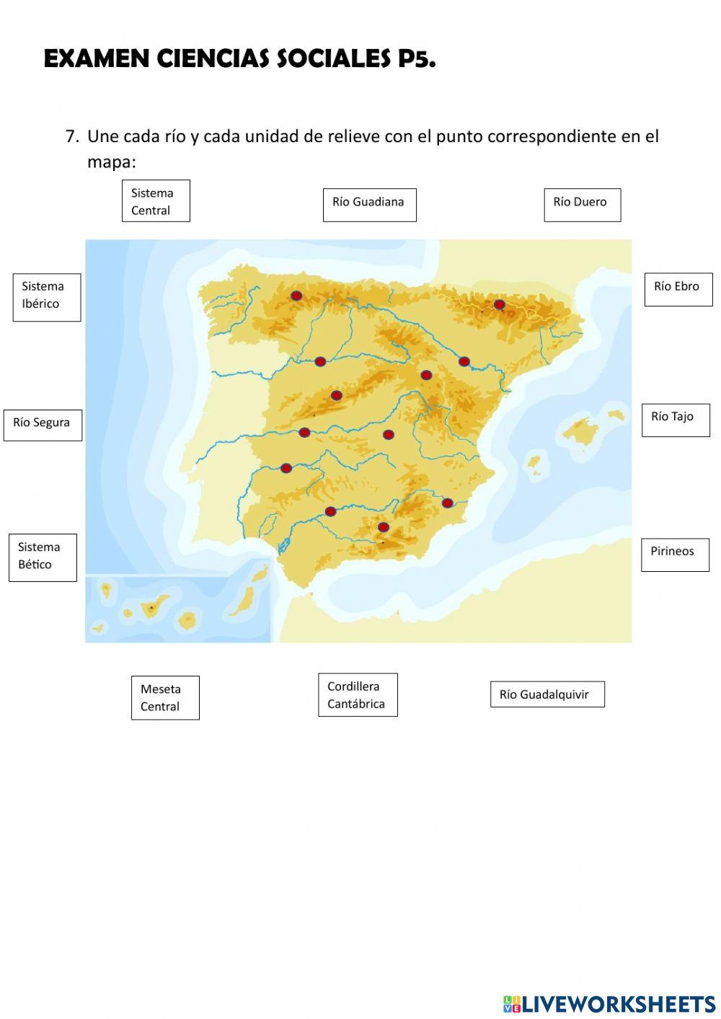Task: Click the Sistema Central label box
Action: coord(156,201)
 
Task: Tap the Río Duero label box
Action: coord(582,204)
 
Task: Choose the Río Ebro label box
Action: coord(678,288)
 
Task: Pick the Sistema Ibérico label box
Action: coord(47,296)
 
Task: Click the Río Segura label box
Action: coord(43,424)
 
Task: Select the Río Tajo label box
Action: coord(676,419)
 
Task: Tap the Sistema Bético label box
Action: coord(43,557)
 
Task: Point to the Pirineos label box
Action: coord(675,554)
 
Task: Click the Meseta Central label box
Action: coord(165,697)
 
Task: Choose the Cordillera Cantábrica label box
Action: coord(358,694)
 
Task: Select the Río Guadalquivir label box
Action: coord(547,694)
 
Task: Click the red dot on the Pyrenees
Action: coord(499,304)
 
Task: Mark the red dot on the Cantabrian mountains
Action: coord(296,296)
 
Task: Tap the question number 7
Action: coord(71,136)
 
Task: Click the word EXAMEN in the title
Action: coord(97,59)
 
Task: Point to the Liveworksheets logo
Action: coord(609,1003)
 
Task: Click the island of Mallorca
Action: coord(580,432)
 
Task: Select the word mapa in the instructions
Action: coord(111,162)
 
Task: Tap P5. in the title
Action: coord(417,59)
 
